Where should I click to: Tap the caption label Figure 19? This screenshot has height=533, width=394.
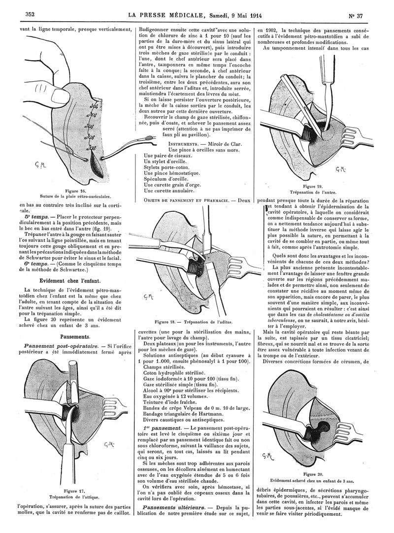(x=313, y=187)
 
